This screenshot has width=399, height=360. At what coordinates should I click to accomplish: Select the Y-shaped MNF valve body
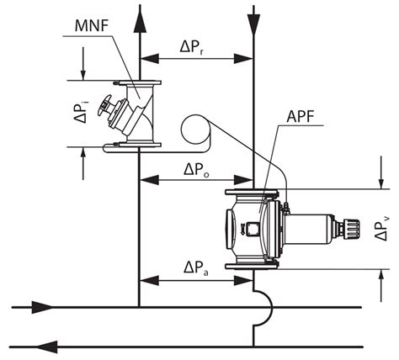click(135, 114)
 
